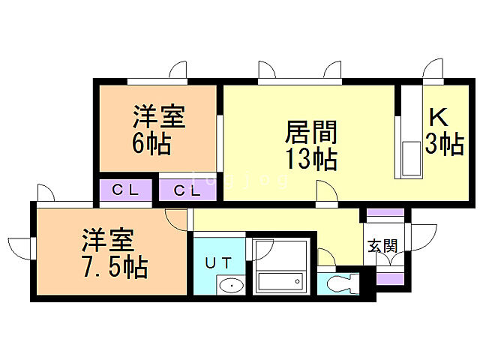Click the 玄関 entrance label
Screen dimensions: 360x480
pos(383,245)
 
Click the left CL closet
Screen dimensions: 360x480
pos(126,189)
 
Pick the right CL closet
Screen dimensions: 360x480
pos(187,190)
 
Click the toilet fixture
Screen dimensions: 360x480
pos(342,283)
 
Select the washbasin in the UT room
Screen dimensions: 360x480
pos(231,286)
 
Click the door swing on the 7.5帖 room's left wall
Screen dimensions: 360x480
pos(20,246)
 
